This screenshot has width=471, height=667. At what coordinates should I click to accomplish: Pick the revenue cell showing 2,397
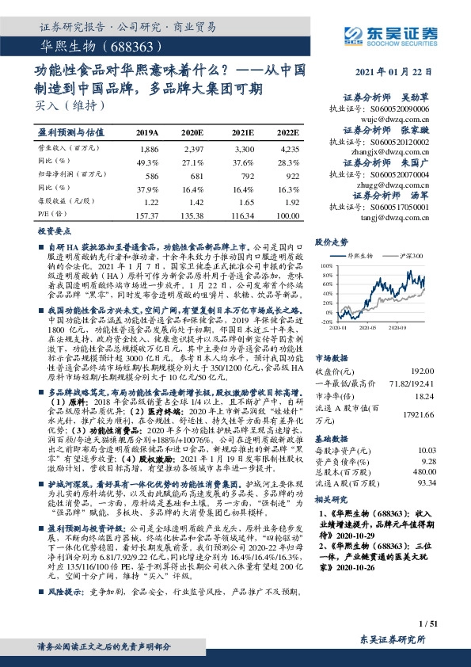pyautogui.click(x=192, y=149)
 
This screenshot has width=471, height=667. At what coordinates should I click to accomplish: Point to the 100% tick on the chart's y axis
pyautogui.click(x=327, y=266)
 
